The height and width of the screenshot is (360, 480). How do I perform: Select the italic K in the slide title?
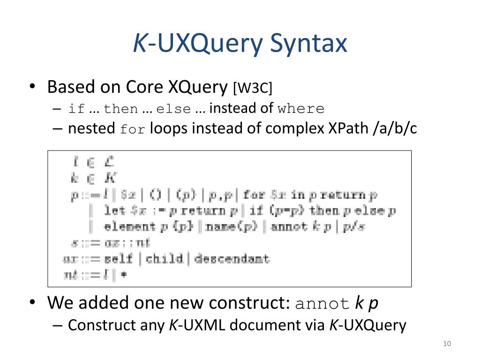click(x=139, y=43)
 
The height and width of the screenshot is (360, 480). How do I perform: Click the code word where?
click(x=300, y=109)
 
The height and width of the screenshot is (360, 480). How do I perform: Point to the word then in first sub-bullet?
click(x=121, y=110)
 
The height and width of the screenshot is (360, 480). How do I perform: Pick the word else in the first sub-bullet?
click(x=173, y=110)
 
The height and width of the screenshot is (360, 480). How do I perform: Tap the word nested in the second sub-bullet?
click(x=91, y=128)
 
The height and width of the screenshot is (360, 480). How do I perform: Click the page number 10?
click(x=446, y=345)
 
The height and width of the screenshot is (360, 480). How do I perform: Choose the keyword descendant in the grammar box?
click(x=232, y=258)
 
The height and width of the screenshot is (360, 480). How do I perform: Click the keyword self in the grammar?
click(x=118, y=258)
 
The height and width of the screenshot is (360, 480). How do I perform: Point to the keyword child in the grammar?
click(x=164, y=258)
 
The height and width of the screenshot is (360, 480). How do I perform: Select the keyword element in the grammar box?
click(x=129, y=226)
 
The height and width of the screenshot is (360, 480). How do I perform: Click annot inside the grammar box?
click(x=289, y=226)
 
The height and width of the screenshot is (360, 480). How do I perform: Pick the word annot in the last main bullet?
click(x=322, y=304)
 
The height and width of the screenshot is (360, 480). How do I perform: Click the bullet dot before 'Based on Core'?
click(x=32, y=87)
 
